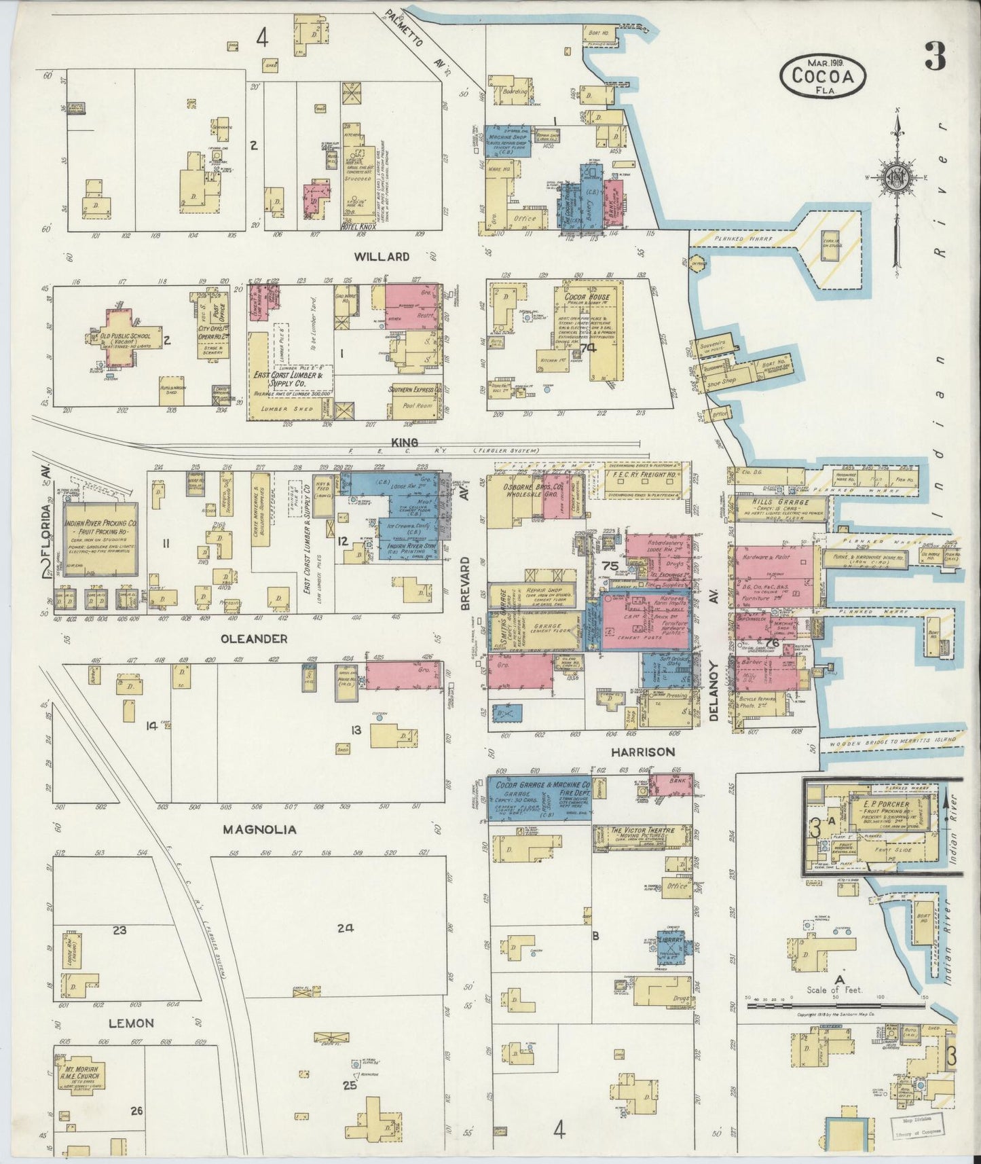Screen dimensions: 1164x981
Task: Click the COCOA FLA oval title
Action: [x=823, y=75]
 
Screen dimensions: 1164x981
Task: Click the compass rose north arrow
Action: [x=896, y=178]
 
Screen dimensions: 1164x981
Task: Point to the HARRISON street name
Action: [x=642, y=752]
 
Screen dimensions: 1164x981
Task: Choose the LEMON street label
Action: [x=133, y=1023]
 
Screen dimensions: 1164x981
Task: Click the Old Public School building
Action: [x=132, y=338]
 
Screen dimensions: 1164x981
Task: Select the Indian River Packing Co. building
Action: [x=100, y=537]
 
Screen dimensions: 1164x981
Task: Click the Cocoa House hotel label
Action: [x=582, y=297]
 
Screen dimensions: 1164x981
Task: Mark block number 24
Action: [x=346, y=928]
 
